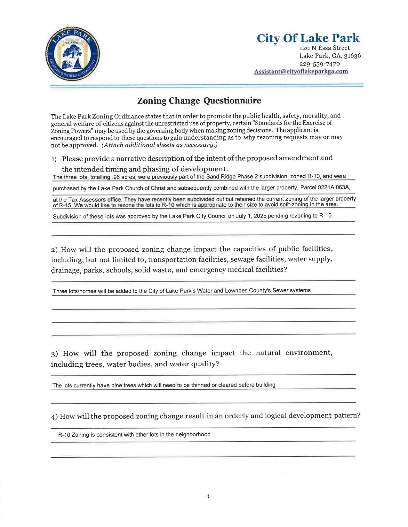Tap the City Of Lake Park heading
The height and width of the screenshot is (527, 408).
point(308,38)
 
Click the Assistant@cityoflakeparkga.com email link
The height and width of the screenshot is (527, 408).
point(301,72)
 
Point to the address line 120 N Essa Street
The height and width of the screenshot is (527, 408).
point(324,48)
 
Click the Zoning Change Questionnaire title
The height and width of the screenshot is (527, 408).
point(199,101)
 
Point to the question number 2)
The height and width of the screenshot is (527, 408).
point(54,249)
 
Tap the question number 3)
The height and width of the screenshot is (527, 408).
point(54,354)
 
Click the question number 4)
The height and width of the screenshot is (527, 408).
point(54,416)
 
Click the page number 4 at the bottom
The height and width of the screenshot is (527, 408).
point(207,497)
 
